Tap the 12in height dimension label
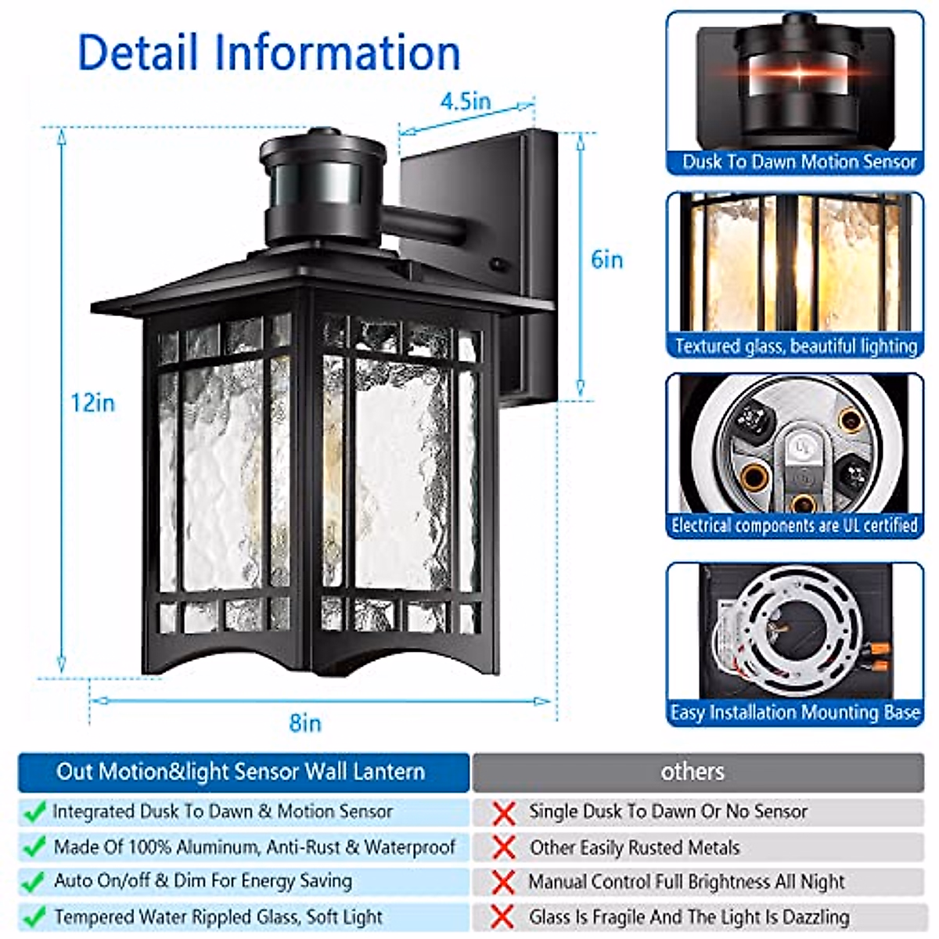[92, 402]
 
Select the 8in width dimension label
[305, 722]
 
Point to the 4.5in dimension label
[466, 102]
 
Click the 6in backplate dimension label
[607, 260]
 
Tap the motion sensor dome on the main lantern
[324, 185]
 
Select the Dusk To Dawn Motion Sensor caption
[798, 162]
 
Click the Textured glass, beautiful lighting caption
[796, 346]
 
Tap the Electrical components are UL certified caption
[794, 525]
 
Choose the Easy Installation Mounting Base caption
[794, 713]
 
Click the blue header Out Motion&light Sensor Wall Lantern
[241, 772]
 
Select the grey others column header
[693, 772]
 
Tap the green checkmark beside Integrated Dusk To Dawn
[34, 812]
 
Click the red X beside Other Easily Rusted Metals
[504, 847]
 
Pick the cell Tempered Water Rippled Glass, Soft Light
[218, 916]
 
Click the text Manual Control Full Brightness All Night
[686, 882]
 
